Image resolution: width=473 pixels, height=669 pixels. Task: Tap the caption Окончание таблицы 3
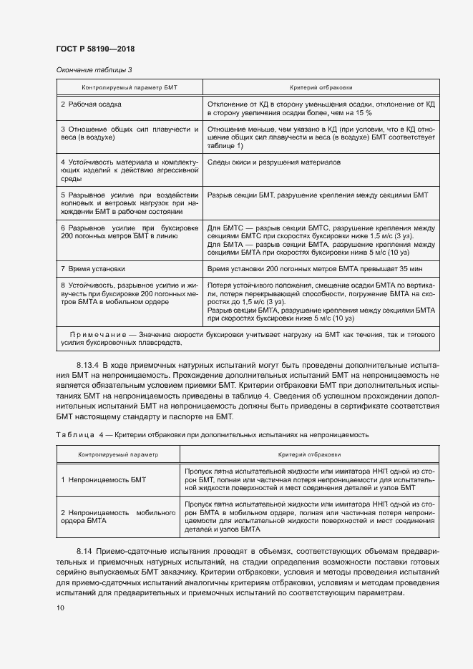coord(93,69)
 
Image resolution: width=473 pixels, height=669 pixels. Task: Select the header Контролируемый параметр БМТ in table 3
coord(129,87)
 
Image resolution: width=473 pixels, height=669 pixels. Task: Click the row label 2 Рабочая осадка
coord(91,104)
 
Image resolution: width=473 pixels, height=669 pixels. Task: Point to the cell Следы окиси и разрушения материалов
coord(273,162)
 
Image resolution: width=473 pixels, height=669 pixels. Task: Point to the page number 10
coord(60,607)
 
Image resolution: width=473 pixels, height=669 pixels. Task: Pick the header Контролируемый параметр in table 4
coord(119,454)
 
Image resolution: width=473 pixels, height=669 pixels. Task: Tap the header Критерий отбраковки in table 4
coord(310,454)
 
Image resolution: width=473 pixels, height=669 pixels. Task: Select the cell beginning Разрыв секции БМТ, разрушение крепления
coord(317,194)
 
